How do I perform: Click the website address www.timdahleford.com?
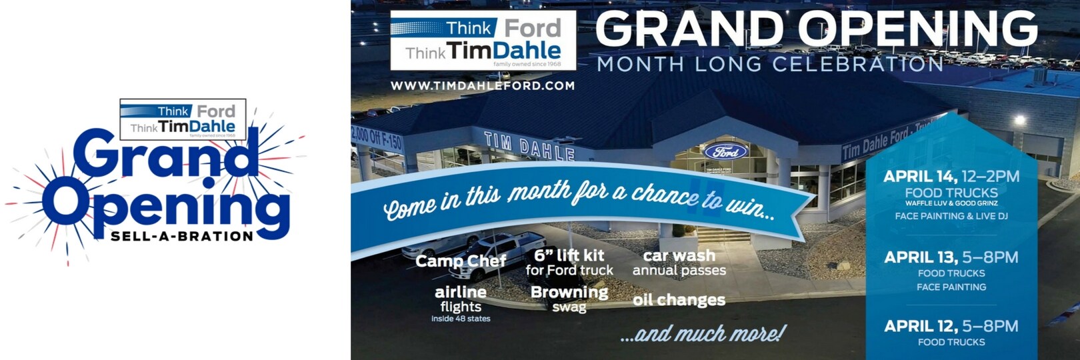pyautogui.click(x=482, y=86)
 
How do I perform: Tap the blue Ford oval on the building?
pyautogui.click(x=726, y=152)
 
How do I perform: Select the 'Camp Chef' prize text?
pyautogui.click(x=461, y=261)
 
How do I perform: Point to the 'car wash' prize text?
pyautogui.click(x=679, y=256)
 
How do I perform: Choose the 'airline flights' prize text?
pyautogui.click(x=461, y=299)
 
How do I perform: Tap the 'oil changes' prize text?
pyautogui.click(x=679, y=300)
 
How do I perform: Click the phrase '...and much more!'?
pyautogui.click(x=703, y=333)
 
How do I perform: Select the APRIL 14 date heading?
pyautogui.click(x=951, y=177)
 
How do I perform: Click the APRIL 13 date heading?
pyautogui.click(x=951, y=257)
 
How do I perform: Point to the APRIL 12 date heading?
pyautogui.click(x=951, y=326)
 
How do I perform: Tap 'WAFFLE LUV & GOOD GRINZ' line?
pyautogui.click(x=951, y=203)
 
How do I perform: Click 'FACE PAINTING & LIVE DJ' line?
pyautogui.click(x=951, y=216)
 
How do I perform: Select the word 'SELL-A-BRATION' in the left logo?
pyautogui.click(x=182, y=236)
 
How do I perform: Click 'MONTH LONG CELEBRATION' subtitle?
pyautogui.click(x=770, y=65)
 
